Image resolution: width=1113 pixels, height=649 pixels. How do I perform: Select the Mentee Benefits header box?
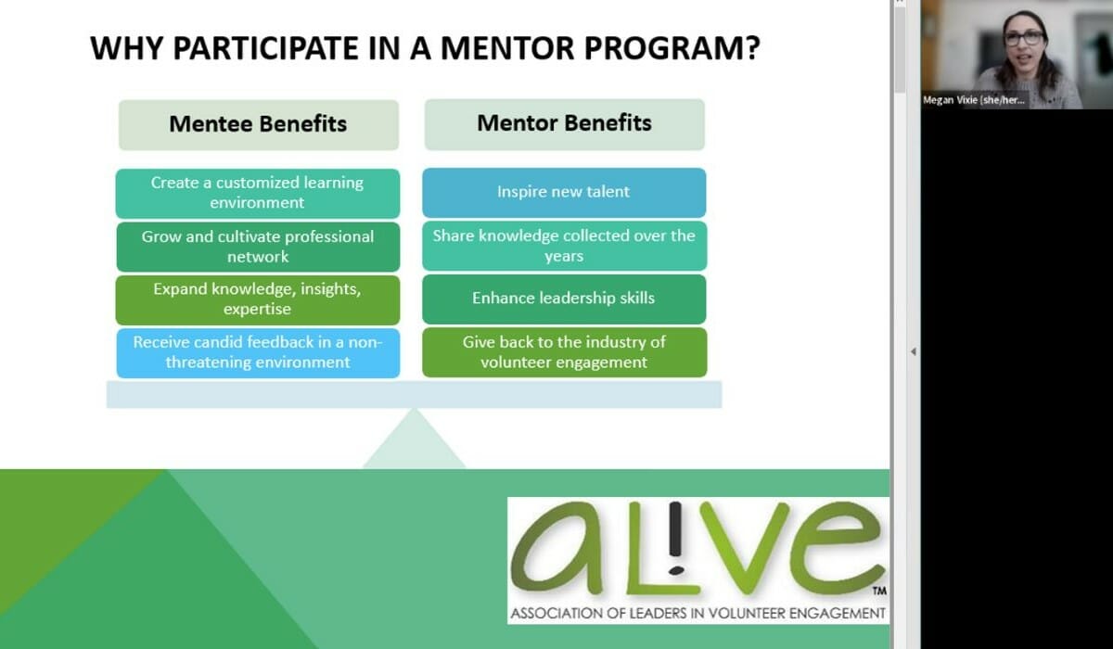coord(259,124)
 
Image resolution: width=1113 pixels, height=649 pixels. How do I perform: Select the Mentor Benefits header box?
coord(565,124)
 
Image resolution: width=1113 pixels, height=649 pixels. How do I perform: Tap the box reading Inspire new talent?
coord(564,193)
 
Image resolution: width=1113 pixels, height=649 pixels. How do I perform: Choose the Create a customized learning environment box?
coord(258,193)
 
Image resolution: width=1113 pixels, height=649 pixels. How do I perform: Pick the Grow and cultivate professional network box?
coord(258,247)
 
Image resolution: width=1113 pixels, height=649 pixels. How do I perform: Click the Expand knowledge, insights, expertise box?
coord(258,299)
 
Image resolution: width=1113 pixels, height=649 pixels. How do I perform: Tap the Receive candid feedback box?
coord(258,353)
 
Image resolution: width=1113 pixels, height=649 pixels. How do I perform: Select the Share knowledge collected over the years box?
coord(565,246)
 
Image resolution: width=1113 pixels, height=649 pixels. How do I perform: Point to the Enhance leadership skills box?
coord(564,299)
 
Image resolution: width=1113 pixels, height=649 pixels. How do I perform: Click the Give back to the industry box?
coord(565,352)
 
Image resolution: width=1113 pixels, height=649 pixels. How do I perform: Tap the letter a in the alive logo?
coord(561,550)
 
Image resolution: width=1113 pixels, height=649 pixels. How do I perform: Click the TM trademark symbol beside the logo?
coord(879,591)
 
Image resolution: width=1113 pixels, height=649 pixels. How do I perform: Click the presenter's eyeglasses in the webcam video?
coord(1025,38)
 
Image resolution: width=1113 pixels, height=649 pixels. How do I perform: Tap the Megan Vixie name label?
coord(973,100)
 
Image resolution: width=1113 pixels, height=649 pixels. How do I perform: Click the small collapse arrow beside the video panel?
coord(914,351)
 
